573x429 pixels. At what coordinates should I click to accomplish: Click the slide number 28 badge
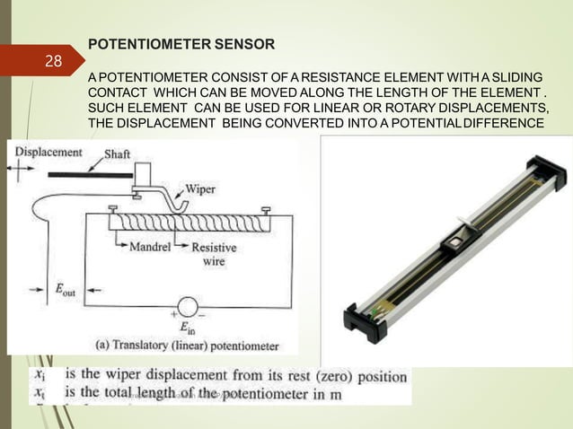[x=53, y=61]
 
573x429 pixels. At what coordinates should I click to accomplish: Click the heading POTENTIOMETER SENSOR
[x=176, y=43]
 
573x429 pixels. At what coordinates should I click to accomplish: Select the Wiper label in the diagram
[x=201, y=189]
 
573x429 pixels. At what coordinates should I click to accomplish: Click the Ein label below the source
[x=186, y=328]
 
